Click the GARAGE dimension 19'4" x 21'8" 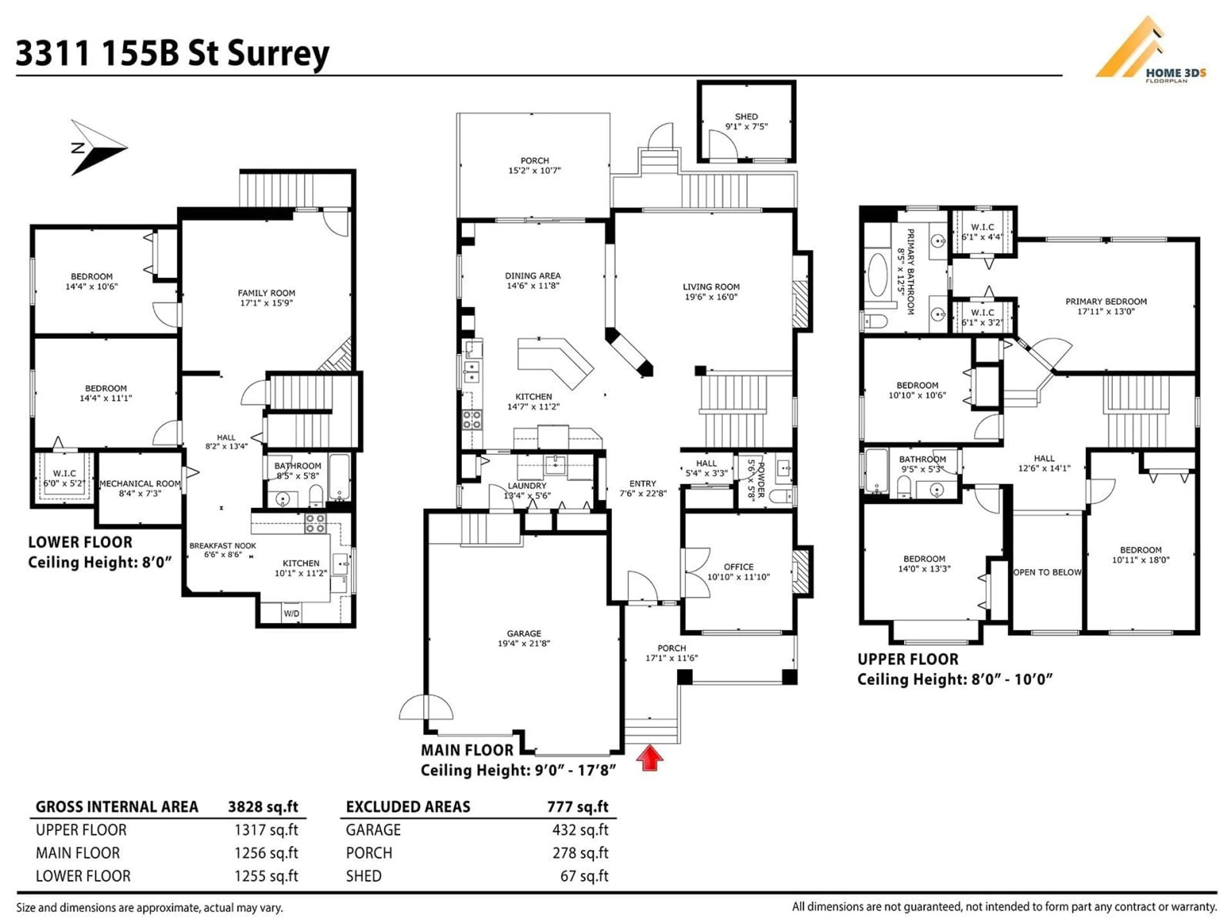click(524, 643)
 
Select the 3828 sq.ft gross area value click(263, 807)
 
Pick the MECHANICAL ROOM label click(140, 484)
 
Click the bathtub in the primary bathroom click(878, 275)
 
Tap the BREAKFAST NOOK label click(222, 546)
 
